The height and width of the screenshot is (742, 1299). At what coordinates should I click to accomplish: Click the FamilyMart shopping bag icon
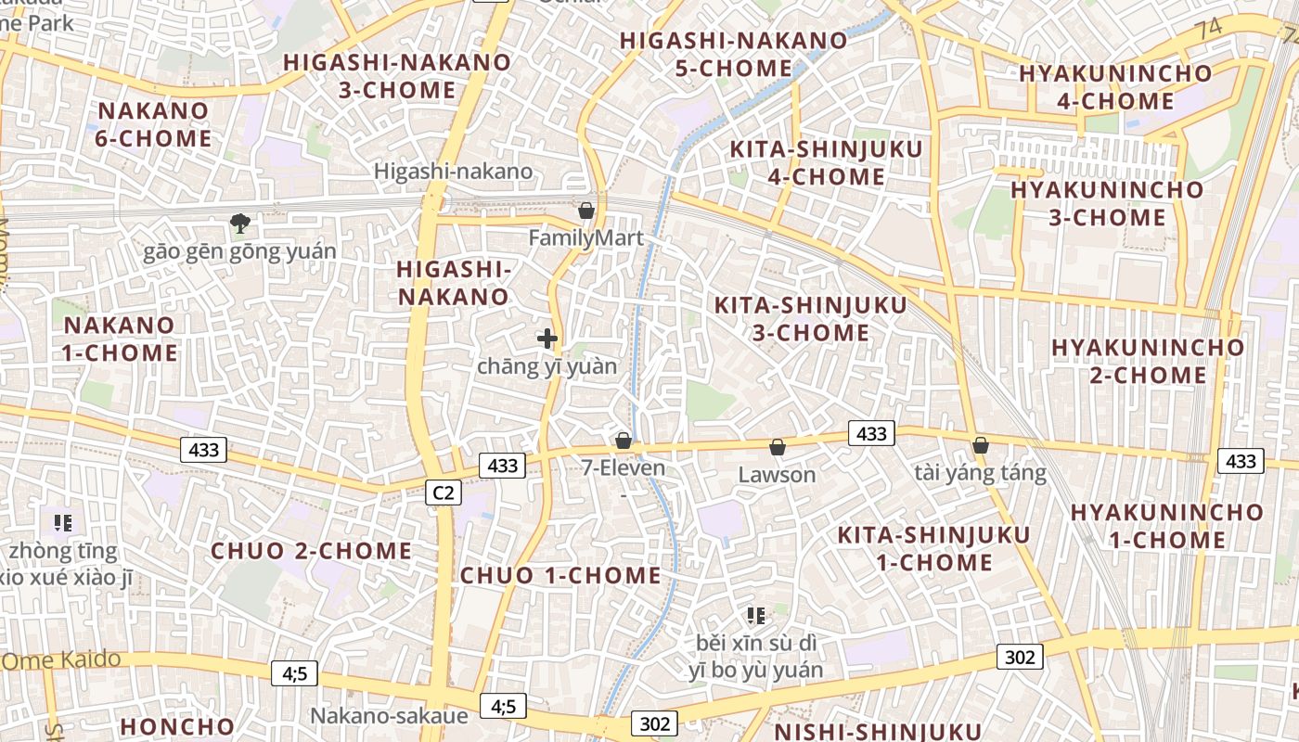coord(585,211)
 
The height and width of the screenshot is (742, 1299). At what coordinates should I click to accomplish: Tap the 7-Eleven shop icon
coord(624,440)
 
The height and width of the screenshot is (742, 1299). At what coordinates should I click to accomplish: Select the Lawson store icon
coord(778,447)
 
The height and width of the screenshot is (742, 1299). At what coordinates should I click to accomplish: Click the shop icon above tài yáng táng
coord(980,445)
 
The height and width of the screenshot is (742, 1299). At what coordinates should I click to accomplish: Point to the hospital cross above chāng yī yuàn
coord(547,339)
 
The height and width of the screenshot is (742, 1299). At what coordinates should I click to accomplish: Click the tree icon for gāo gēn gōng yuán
coord(239,223)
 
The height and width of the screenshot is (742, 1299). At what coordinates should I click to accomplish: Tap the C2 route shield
coord(443,493)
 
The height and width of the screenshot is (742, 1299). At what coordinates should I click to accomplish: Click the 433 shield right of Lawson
coord(871,433)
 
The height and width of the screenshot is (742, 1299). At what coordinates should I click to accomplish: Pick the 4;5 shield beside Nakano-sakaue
coord(503,706)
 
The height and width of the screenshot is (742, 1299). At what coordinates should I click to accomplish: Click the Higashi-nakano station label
coord(453,171)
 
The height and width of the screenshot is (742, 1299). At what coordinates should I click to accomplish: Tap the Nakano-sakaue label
coord(389,716)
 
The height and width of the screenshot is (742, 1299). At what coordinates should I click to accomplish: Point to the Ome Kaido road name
coord(61,660)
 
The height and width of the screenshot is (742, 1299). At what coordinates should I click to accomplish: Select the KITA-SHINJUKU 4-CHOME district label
coord(826,163)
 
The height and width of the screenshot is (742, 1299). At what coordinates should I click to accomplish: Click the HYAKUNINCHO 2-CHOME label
coord(1147,361)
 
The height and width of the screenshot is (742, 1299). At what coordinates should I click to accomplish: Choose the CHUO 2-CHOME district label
coord(311,551)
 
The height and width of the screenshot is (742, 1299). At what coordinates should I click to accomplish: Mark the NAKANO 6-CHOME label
coord(154,124)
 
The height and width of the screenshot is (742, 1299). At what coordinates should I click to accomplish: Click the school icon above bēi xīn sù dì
coord(755,615)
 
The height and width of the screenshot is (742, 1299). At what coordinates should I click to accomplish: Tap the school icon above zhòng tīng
coord(63,522)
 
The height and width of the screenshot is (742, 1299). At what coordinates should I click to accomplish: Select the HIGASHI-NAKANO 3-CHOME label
coord(397,76)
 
